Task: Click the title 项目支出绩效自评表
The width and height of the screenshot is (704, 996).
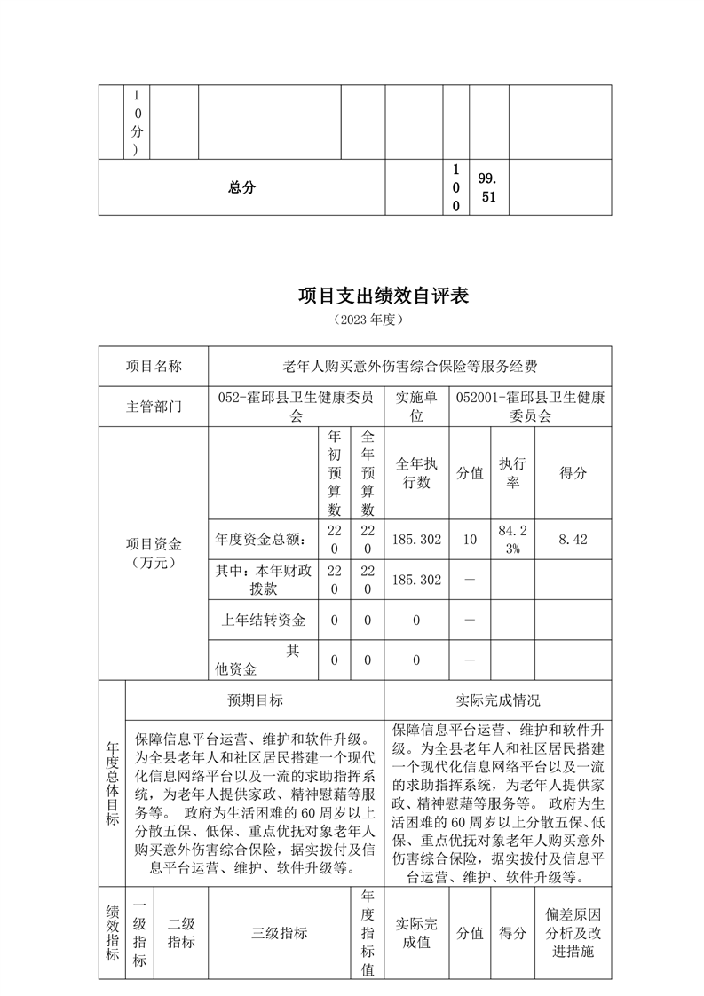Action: (383, 296)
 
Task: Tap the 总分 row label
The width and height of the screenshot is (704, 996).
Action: (241, 187)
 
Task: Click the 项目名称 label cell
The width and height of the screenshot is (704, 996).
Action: (153, 366)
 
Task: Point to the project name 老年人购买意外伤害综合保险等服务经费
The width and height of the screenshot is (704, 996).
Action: (409, 366)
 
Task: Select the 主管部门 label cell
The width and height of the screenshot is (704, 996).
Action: (153, 406)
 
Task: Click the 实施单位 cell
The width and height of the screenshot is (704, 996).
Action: (416, 406)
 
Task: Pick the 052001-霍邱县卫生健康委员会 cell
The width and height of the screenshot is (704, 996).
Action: (531, 406)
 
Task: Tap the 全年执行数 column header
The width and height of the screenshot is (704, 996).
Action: (416, 473)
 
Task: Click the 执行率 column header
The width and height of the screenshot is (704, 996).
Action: (512, 473)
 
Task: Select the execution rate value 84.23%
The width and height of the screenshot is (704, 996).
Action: (512, 539)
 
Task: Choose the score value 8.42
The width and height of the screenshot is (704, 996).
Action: (573, 539)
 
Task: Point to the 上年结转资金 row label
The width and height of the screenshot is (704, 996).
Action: (263, 620)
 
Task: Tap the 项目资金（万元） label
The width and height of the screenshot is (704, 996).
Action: (153, 552)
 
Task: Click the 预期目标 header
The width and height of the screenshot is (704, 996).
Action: (255, 700)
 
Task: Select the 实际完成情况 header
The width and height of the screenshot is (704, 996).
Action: (497, 700)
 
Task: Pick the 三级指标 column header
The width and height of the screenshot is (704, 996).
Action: (279, 933)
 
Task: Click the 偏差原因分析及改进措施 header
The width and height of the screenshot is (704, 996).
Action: (573, 933)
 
